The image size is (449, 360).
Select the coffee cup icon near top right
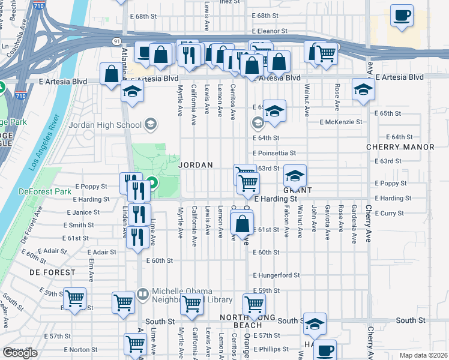click(402, 16)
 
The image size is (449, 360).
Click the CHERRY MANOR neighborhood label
click(400, 147)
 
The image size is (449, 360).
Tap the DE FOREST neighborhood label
click(52, 272)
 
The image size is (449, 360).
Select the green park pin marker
click(152, 183)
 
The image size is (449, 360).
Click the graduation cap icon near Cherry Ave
click(363, 90)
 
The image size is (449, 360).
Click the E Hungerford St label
click(276, 275)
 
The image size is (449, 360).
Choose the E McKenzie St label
click(342, 122)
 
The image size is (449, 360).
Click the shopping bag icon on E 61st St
click(241, 224)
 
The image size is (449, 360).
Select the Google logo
click(20, 353)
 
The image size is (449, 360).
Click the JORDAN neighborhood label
click(196, 164)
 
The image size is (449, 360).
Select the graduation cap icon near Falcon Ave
click(295, 176)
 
